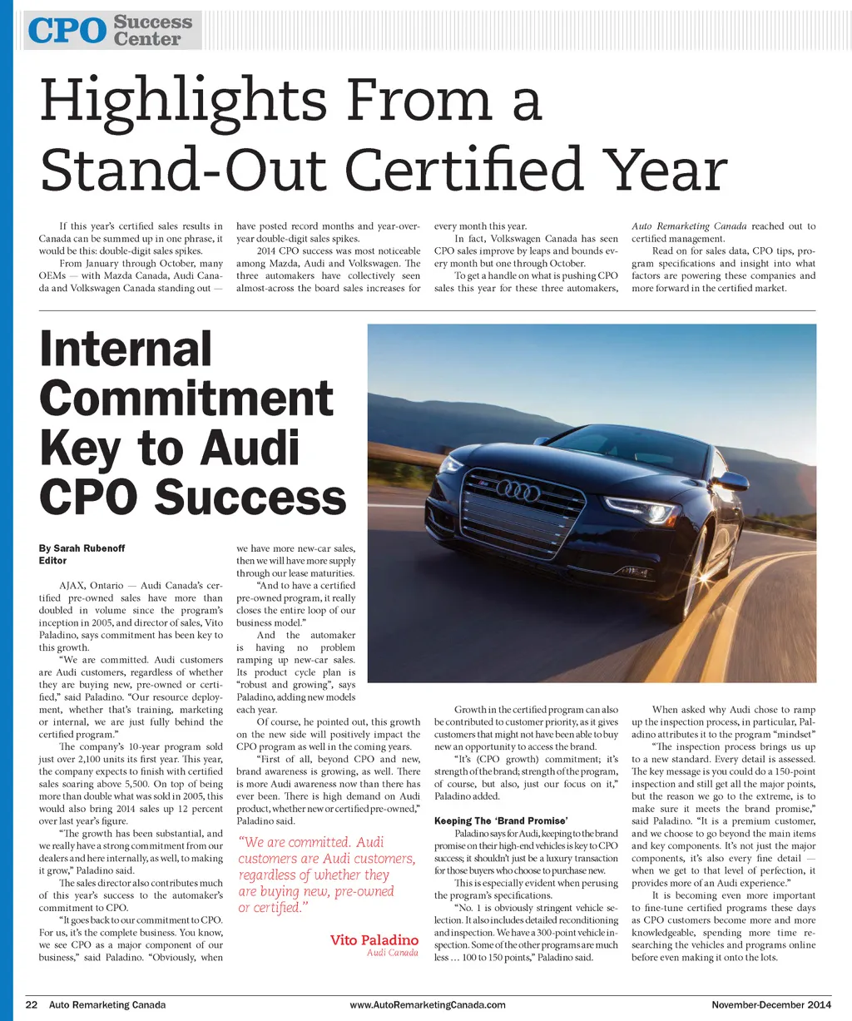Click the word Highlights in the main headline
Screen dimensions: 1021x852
pyautogui.click(x=183, y=102)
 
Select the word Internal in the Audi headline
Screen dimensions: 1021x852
pyautogui.click(x=126, y=349)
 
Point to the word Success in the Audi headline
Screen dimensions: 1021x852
pyautogui.click(x=250, y=497)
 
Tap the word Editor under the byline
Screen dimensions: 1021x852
pyautogui.click(x=53, y=561)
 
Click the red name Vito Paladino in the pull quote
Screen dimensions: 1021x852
pyautogui.click(x=374, y=940)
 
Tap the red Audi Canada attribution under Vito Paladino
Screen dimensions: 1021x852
pyautogui.click(x=392, y=953)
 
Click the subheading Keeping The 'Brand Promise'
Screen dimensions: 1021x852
pyautogui.click(x=501, y=821)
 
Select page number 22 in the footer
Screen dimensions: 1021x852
pyautogui.click(x=32, y=1004)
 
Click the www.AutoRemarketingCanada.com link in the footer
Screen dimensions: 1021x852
pyautogui.click(x=428, y=1004)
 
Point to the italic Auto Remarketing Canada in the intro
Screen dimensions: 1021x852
pyautogui.click(x=689, y=226)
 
